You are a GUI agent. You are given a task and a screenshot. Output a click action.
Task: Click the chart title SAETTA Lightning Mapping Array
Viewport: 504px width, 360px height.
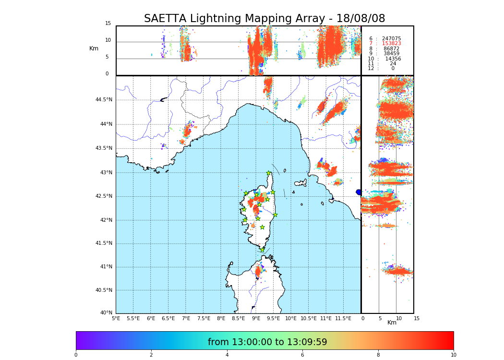point(264,19)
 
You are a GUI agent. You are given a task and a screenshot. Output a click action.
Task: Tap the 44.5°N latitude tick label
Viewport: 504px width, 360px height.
point(103,100)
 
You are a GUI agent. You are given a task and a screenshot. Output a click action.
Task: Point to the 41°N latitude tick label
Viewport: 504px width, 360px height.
point(105,267)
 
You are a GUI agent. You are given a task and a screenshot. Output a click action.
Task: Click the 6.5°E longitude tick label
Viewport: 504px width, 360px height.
point(168,318)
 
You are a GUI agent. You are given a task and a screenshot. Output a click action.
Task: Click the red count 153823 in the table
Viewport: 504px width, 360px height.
point(391,44)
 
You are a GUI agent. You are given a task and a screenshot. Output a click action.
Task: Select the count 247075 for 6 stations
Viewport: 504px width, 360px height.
point(391,39)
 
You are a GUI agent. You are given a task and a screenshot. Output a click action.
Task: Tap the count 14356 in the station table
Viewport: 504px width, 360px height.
point(393,59)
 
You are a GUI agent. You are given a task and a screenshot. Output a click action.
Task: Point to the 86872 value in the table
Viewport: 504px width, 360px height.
point(391,49)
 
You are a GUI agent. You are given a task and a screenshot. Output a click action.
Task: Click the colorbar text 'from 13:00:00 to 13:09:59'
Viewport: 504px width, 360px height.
point(267,342)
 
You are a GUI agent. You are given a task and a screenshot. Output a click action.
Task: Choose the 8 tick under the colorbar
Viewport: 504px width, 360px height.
point(378,355)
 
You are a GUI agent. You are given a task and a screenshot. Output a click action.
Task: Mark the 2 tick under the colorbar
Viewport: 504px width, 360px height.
point(151,355)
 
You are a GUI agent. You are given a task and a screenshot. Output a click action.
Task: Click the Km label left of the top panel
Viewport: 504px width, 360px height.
point(94,48)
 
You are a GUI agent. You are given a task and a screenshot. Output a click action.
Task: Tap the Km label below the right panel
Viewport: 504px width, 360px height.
point(392,323)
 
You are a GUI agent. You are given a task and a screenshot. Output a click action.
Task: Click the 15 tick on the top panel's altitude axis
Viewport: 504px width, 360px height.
point(108,24)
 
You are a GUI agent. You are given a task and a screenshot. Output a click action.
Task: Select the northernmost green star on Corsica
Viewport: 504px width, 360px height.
point(269,173)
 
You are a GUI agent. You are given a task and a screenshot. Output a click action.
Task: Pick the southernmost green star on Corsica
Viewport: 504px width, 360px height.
point(263,250)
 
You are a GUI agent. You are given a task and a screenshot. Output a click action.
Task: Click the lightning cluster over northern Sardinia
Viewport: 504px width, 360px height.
point(258,272)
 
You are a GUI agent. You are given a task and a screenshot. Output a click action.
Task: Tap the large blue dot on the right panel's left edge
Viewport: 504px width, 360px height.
point(359,192)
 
